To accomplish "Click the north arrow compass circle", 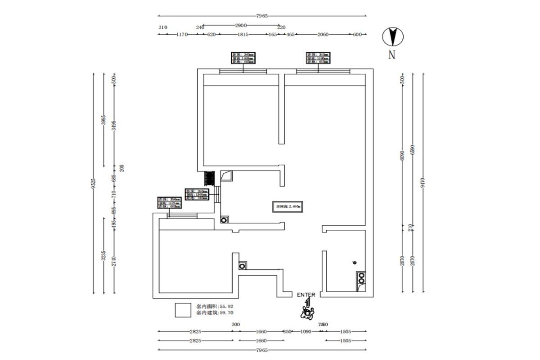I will pos(393,36).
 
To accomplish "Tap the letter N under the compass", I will pos(392,55).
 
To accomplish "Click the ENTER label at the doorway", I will pos(306,295).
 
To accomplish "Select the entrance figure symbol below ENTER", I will pos(308,311).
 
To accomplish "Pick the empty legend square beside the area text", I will pos(183,310).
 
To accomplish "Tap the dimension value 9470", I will pos(423,182).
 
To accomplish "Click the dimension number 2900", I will pos(241,25).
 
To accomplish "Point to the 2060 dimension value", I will pos(323,34).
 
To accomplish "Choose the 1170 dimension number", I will pos(181,34).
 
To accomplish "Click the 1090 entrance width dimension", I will pos(306,332).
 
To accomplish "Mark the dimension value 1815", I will pos(243,34).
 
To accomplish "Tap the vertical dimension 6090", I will pos(403,155).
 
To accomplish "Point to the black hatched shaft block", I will pos(209,179).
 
